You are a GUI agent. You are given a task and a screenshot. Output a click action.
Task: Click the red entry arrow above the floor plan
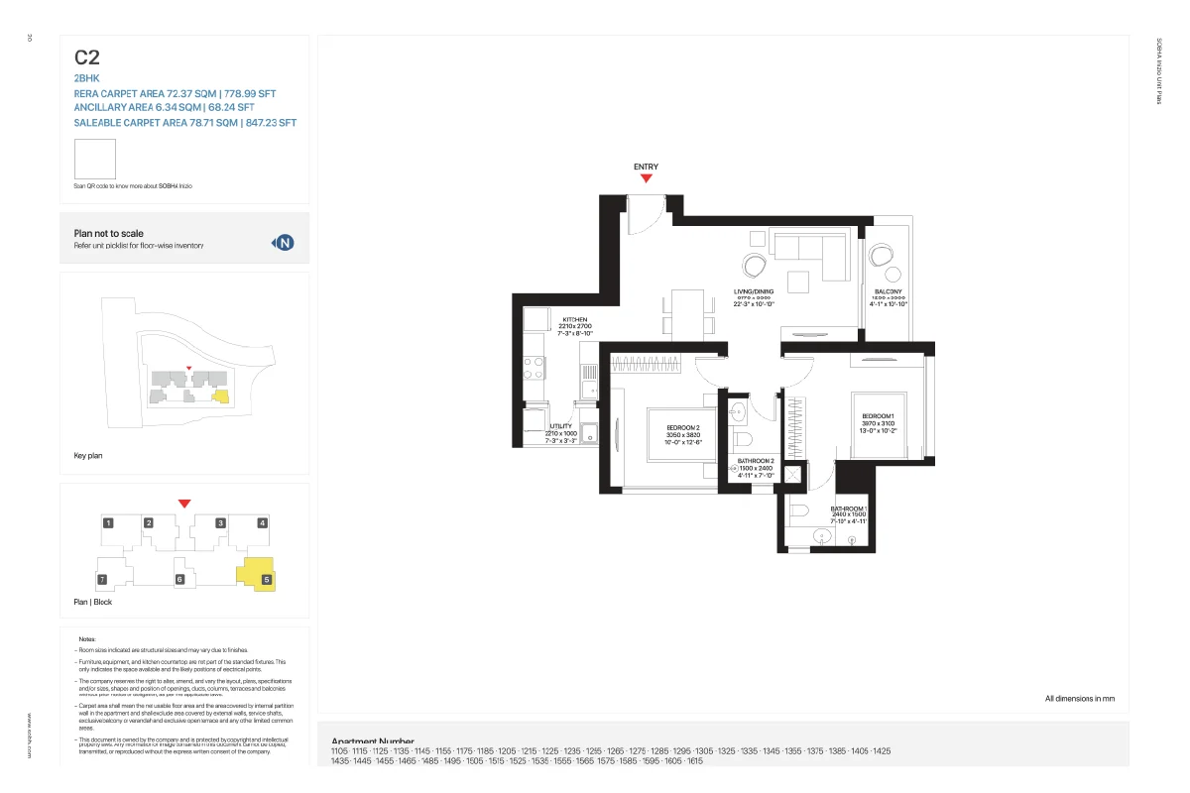coord(646,178)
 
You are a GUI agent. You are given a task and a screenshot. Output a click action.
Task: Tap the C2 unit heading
coord(86,57)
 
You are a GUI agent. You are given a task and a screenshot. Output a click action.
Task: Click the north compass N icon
coord(285,243)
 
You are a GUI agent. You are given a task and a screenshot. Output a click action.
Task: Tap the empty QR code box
coord(95,160)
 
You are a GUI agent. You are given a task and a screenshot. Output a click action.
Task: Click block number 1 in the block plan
coord(108,522)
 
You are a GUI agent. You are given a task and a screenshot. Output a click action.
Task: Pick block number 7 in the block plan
coord(101,579)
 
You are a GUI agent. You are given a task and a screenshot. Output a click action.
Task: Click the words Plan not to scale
coord(108,234)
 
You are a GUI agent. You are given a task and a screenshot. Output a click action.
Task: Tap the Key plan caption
coord(88,456)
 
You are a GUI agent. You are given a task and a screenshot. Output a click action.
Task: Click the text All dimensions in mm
coord(1079,699)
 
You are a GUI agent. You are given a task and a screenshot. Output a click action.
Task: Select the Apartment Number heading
coord(373,741)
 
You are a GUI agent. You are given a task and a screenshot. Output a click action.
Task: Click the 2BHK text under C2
coord(86,76)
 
